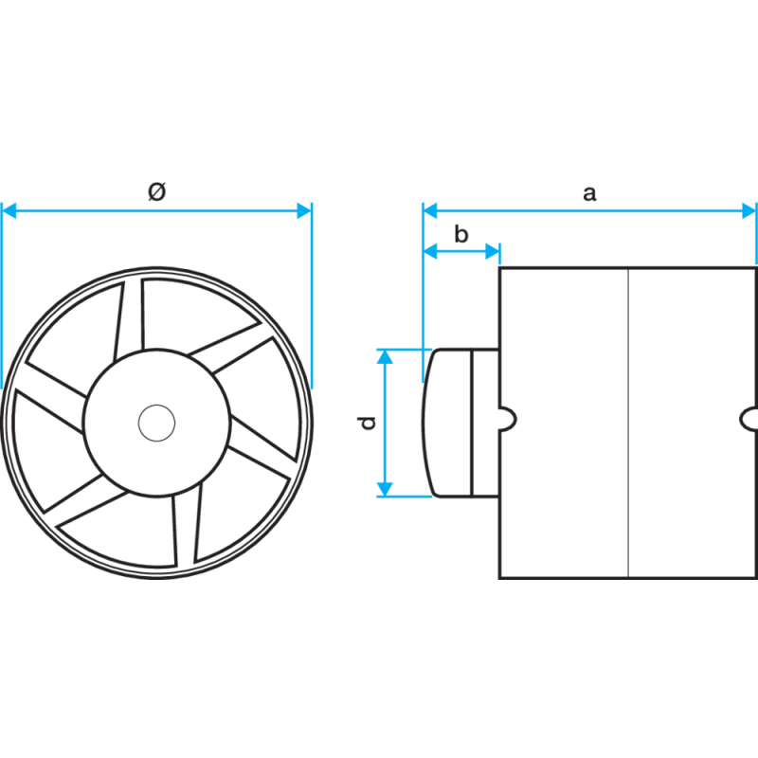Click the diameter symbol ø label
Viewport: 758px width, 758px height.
tap(156, 191)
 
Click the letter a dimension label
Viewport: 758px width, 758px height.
tap(589, 193)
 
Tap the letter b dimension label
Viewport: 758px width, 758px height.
tap(461, 234)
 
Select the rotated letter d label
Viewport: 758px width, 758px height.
tap(367, 423)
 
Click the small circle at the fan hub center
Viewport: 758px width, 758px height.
tap(156, 423)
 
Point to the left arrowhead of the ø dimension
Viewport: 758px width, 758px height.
tap(9, 210)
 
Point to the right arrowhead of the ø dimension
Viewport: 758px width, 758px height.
tap(304, 210)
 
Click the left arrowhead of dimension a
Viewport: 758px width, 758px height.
tap(430, 210)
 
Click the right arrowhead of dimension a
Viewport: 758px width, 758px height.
tap(749, 210)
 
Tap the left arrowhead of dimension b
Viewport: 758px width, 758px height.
tap(430, 251)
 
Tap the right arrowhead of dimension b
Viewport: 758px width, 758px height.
tap(492, 251)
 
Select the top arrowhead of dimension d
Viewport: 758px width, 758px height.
tap(385, 357)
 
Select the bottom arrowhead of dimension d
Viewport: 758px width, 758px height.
tap(385, 489)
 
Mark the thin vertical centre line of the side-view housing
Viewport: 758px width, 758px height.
tap(628, 423)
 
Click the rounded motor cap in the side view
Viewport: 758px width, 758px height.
tap(460, 423)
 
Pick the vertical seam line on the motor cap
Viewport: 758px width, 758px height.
tap(471, 423)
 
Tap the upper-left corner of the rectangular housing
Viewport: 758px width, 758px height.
tap(500, 268)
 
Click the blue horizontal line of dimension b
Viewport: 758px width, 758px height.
tap(461, 251)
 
